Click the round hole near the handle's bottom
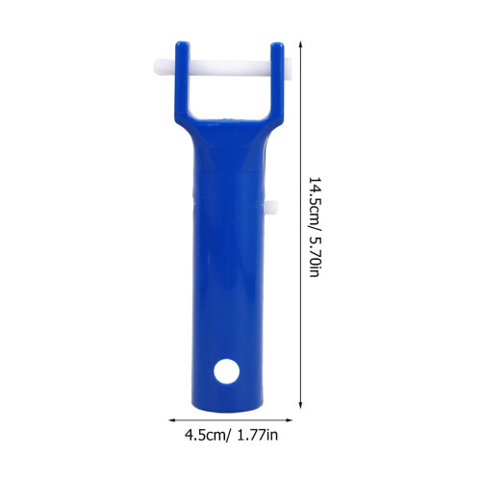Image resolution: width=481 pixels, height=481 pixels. coord(227,371)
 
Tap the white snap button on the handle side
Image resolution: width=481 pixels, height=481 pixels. coord(271,209)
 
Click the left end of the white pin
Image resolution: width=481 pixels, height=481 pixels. coord(154,67)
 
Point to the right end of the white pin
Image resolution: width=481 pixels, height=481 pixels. coord(291,67)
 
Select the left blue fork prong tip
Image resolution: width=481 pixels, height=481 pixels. coord(183,42)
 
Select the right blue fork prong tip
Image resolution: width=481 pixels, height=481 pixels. coord(277,43)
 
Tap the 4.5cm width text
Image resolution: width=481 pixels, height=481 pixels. coord(206,435)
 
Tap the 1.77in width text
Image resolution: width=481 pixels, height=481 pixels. coord(258,435)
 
